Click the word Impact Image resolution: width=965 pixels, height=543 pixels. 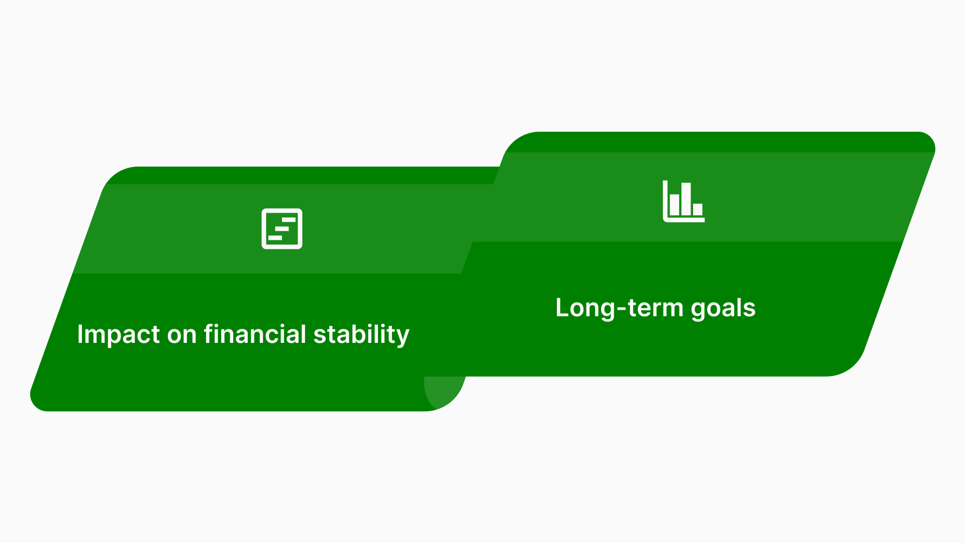118,335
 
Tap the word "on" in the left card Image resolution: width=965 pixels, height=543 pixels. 181,335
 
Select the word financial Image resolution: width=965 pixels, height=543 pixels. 255,335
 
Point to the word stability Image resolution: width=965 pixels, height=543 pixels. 361,335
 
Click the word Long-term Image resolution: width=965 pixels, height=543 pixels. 619,308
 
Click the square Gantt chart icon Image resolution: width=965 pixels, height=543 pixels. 282,229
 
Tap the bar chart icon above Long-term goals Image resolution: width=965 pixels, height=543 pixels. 684,202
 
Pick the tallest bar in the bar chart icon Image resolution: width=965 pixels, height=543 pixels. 686,199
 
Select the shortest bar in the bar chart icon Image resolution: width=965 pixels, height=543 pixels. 698,209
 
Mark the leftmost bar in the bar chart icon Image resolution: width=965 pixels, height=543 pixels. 674,205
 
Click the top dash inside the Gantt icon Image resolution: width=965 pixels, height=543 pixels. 288,220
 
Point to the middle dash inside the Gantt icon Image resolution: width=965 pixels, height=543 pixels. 282,229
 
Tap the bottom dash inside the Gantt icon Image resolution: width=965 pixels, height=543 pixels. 275,238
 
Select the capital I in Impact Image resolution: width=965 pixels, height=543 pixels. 80,334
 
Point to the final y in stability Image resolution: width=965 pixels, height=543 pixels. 403,337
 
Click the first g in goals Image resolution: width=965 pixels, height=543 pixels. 698,310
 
